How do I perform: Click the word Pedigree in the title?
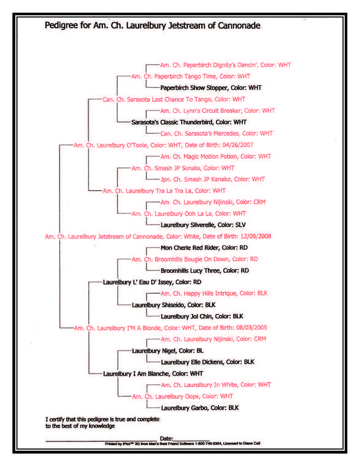[x=61, y=26]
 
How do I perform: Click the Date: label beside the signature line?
[x=166, y=438]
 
